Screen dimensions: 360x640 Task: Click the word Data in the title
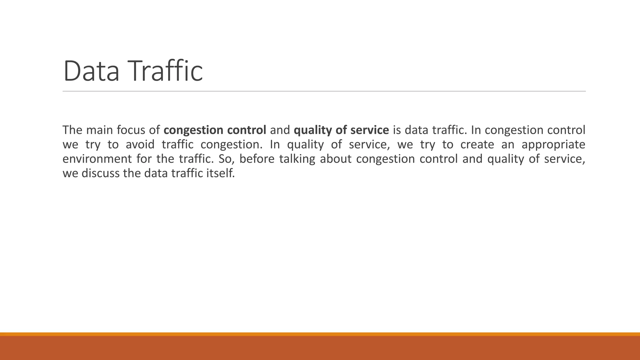(x=91, y=71)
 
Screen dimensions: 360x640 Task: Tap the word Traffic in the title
(x=166, y=71)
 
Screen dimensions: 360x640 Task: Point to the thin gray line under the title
(x=324, y=91)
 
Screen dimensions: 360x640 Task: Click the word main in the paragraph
(x=99, y=130)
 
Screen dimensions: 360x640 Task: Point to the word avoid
(x=140, y=145)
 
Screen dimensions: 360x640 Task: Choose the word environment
(x=97, y=159)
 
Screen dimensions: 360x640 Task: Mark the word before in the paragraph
(x=257, y=159)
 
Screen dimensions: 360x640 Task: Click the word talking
(x=297, y=159)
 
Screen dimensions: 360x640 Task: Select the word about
(x=336, y=159)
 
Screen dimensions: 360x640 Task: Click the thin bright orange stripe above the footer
(x=320, y=334)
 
